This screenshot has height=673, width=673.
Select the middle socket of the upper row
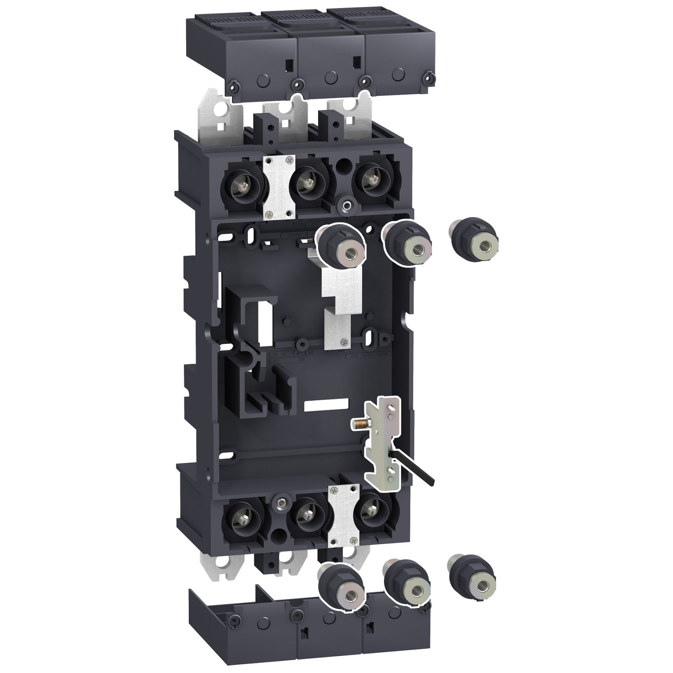point(307,184)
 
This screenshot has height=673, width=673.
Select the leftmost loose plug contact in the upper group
point(342,246)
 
